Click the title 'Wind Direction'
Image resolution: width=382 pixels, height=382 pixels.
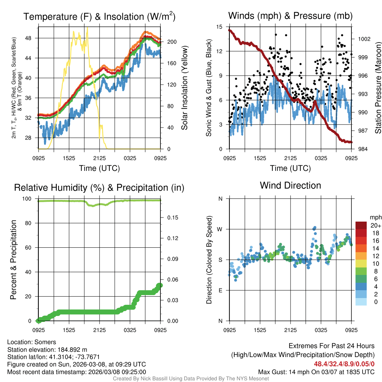[290, 185]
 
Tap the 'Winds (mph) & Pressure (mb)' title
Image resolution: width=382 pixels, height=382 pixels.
[290, 16]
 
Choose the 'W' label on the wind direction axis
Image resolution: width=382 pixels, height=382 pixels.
[220, 229]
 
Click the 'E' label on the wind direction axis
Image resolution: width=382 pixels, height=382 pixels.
[220, 290]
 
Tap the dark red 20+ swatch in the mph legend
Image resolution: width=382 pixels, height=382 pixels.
[362, 226]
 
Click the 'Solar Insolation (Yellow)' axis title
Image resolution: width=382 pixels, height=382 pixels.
[184, 88]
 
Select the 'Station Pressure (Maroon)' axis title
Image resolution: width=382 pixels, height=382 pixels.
[378, 88]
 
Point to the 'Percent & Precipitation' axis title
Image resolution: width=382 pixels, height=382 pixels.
[13, 260]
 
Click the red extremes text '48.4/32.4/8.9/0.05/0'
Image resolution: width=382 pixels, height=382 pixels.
[344, 364]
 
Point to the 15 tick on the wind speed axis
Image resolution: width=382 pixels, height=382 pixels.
[219, 27]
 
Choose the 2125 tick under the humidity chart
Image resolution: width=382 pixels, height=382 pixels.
[100, 330]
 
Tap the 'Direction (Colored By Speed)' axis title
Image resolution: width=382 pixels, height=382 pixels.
[209, 260]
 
